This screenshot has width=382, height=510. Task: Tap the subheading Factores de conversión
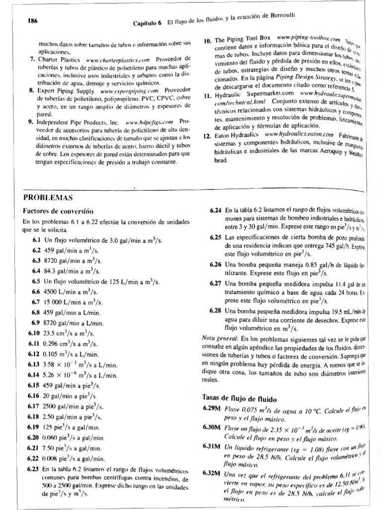(58, 211)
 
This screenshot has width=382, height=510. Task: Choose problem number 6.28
(216, 310)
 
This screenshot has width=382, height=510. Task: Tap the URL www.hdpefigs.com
(149, 121)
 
